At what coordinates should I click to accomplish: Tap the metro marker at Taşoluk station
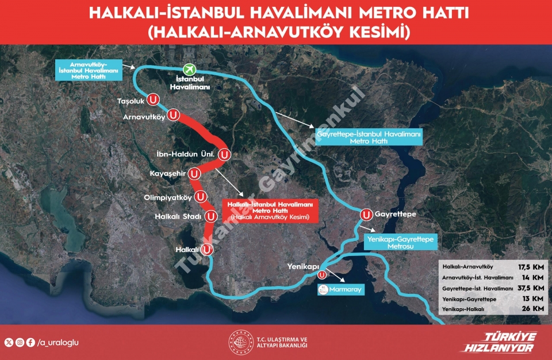point(154,99)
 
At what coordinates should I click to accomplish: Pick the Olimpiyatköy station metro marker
point(201,197)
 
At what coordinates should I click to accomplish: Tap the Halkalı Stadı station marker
point(211,217)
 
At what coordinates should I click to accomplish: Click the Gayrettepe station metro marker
point(366,215)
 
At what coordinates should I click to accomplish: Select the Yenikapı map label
point(303,267)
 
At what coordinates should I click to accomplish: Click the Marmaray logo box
point(341,289)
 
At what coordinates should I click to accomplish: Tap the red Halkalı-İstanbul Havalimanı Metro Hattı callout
point(270,211)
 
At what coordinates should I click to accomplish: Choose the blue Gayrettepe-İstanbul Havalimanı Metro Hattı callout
point(369,137)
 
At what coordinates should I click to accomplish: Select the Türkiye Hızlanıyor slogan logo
point(499,343)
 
